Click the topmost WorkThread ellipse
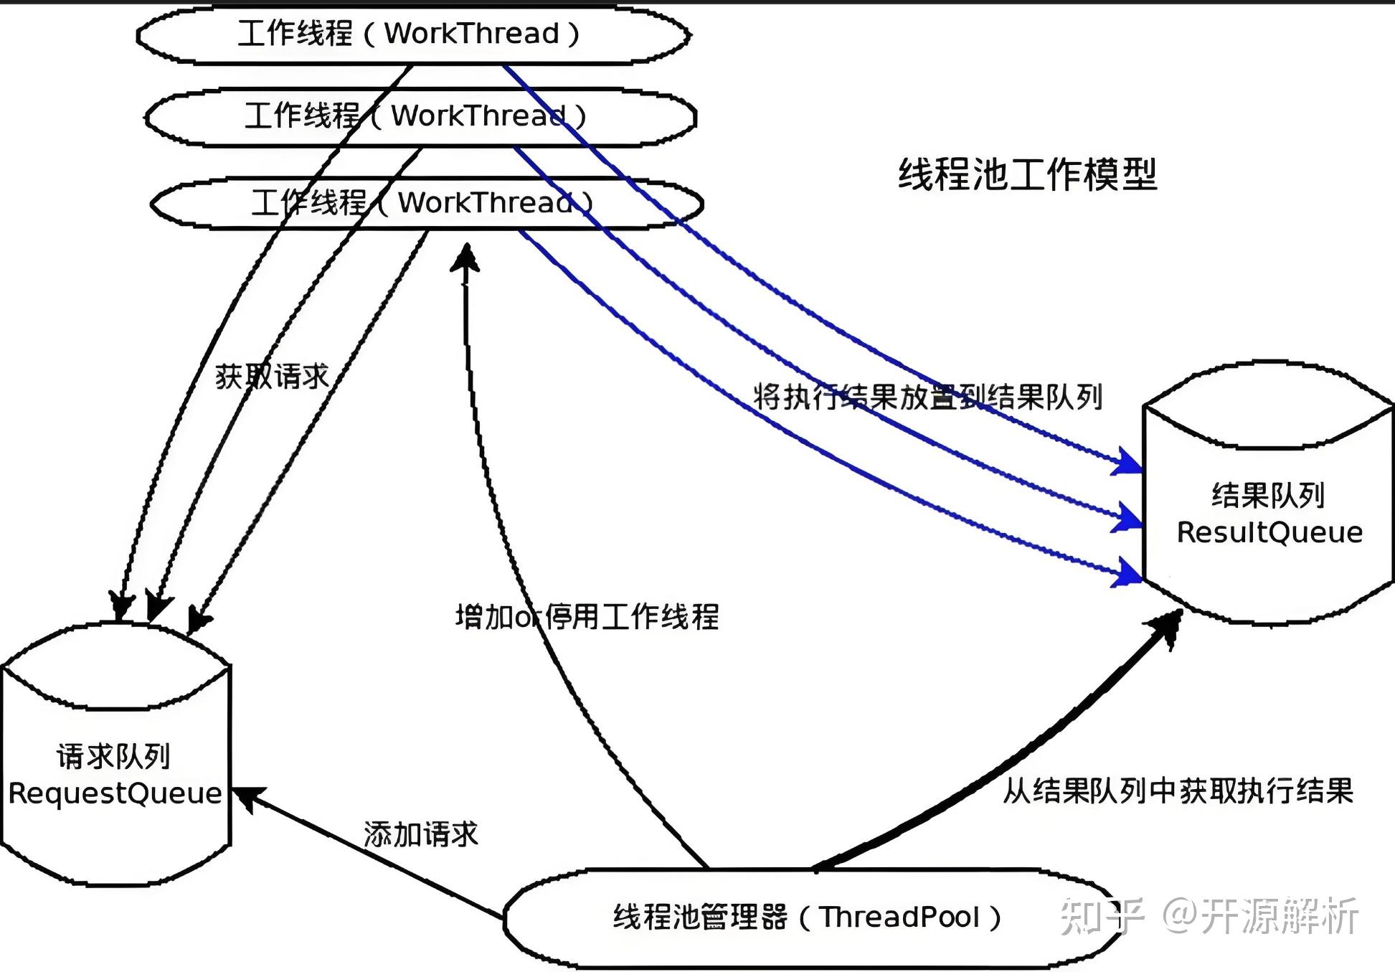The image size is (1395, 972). point(413,34)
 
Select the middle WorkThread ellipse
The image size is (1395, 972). point(420,117)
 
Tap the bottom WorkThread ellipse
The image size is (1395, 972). point(427,204)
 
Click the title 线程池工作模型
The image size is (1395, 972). point(1028,174)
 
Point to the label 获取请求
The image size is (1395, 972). point(272,377)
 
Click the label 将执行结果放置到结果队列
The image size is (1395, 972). point(927,397)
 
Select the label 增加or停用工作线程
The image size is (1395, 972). point(587,616)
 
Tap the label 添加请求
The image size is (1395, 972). point(421,834)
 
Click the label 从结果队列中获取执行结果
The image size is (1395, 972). point(1178,791)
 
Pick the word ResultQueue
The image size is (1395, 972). point(1269,532)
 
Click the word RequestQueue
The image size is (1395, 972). point(115,793)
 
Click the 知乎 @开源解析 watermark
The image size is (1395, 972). point(1209,916)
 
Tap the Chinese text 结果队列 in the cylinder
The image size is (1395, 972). point(1268,495)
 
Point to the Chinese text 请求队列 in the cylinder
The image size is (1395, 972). point(113,756)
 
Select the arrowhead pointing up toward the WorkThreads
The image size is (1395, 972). point(465,258)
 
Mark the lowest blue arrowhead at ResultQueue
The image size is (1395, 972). point(1127,572)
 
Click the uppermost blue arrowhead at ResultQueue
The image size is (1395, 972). point(1127,461)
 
